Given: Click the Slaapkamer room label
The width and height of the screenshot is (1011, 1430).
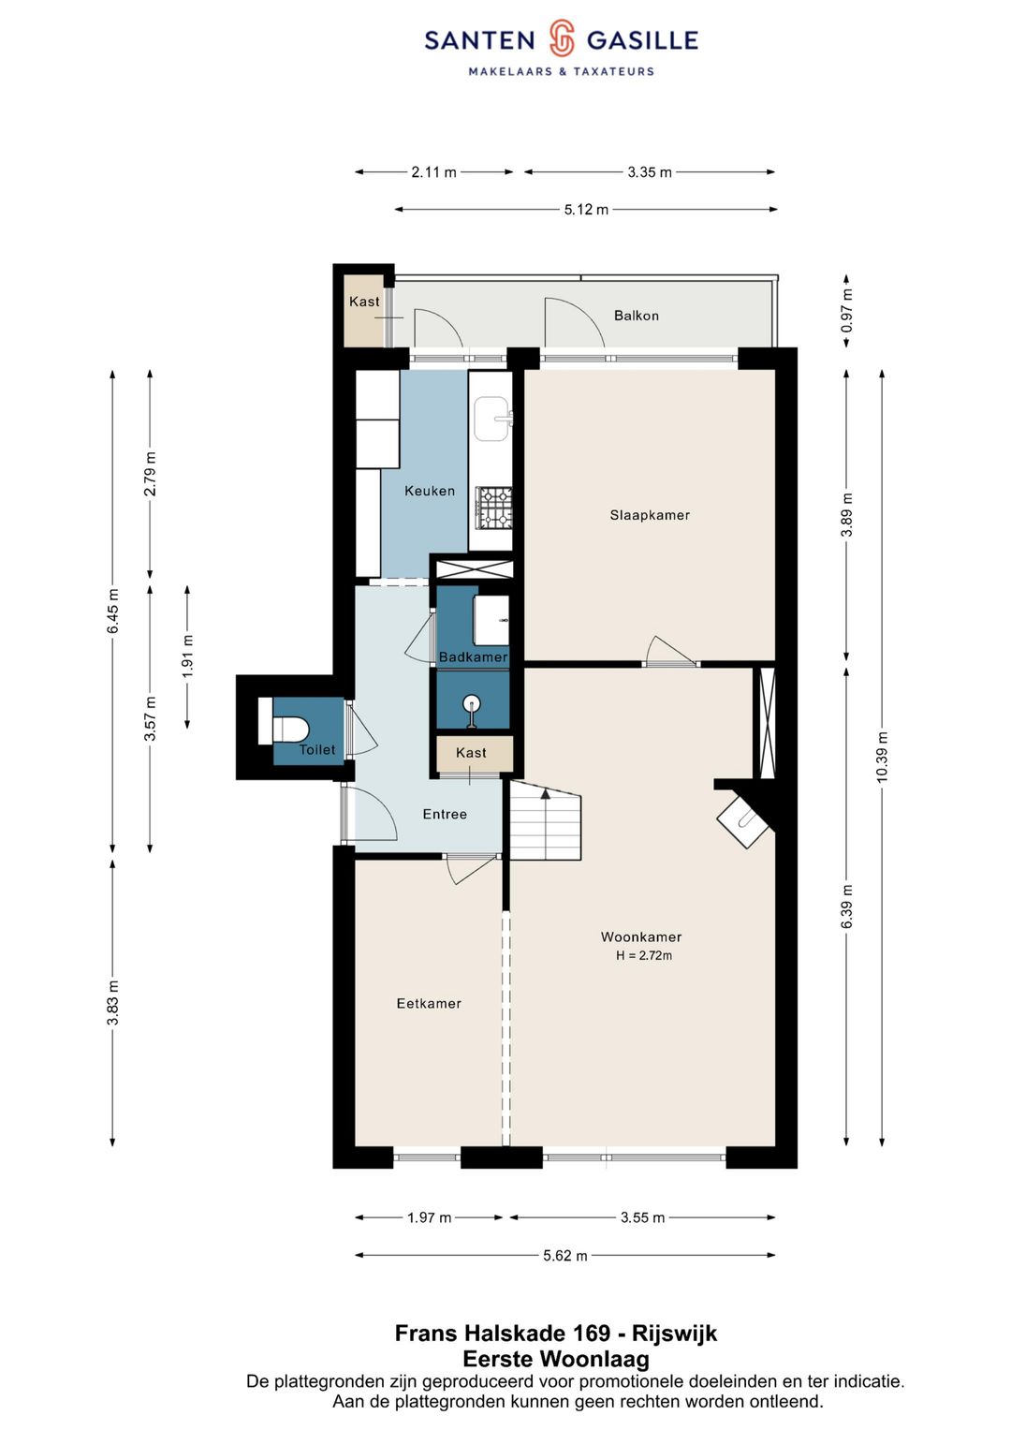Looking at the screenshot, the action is click(x=649, y=515).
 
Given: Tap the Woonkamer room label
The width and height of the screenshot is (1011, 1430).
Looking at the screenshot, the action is click(x=641, y=936).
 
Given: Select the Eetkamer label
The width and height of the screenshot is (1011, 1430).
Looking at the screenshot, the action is click(x=429, y=1003).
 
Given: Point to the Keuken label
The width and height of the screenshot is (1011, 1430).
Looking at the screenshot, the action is click(x=430, y=491).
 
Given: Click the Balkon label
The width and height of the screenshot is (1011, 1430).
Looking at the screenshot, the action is click(x=637, y=316).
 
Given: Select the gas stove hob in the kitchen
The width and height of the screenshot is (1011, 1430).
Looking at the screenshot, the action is click(x=494, y=509).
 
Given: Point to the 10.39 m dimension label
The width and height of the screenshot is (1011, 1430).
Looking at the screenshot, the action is click(x=882, y=757).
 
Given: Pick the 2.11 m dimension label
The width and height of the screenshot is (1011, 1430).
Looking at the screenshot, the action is click(x=434, y=171).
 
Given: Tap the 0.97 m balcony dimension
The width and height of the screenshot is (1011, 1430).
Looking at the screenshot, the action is click(x=846, y=311).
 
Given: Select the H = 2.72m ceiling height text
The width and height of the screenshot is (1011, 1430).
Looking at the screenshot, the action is click(x=643, y=955).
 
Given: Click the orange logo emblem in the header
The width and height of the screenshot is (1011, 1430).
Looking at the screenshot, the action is click(x=563, y=38).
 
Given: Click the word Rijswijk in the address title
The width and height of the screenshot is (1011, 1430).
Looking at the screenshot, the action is click(x=675, y=1333).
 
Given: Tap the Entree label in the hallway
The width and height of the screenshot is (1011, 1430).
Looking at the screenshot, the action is click(x=445, y=814).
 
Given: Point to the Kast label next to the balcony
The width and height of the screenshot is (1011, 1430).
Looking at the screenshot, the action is click(x=364, y=302).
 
